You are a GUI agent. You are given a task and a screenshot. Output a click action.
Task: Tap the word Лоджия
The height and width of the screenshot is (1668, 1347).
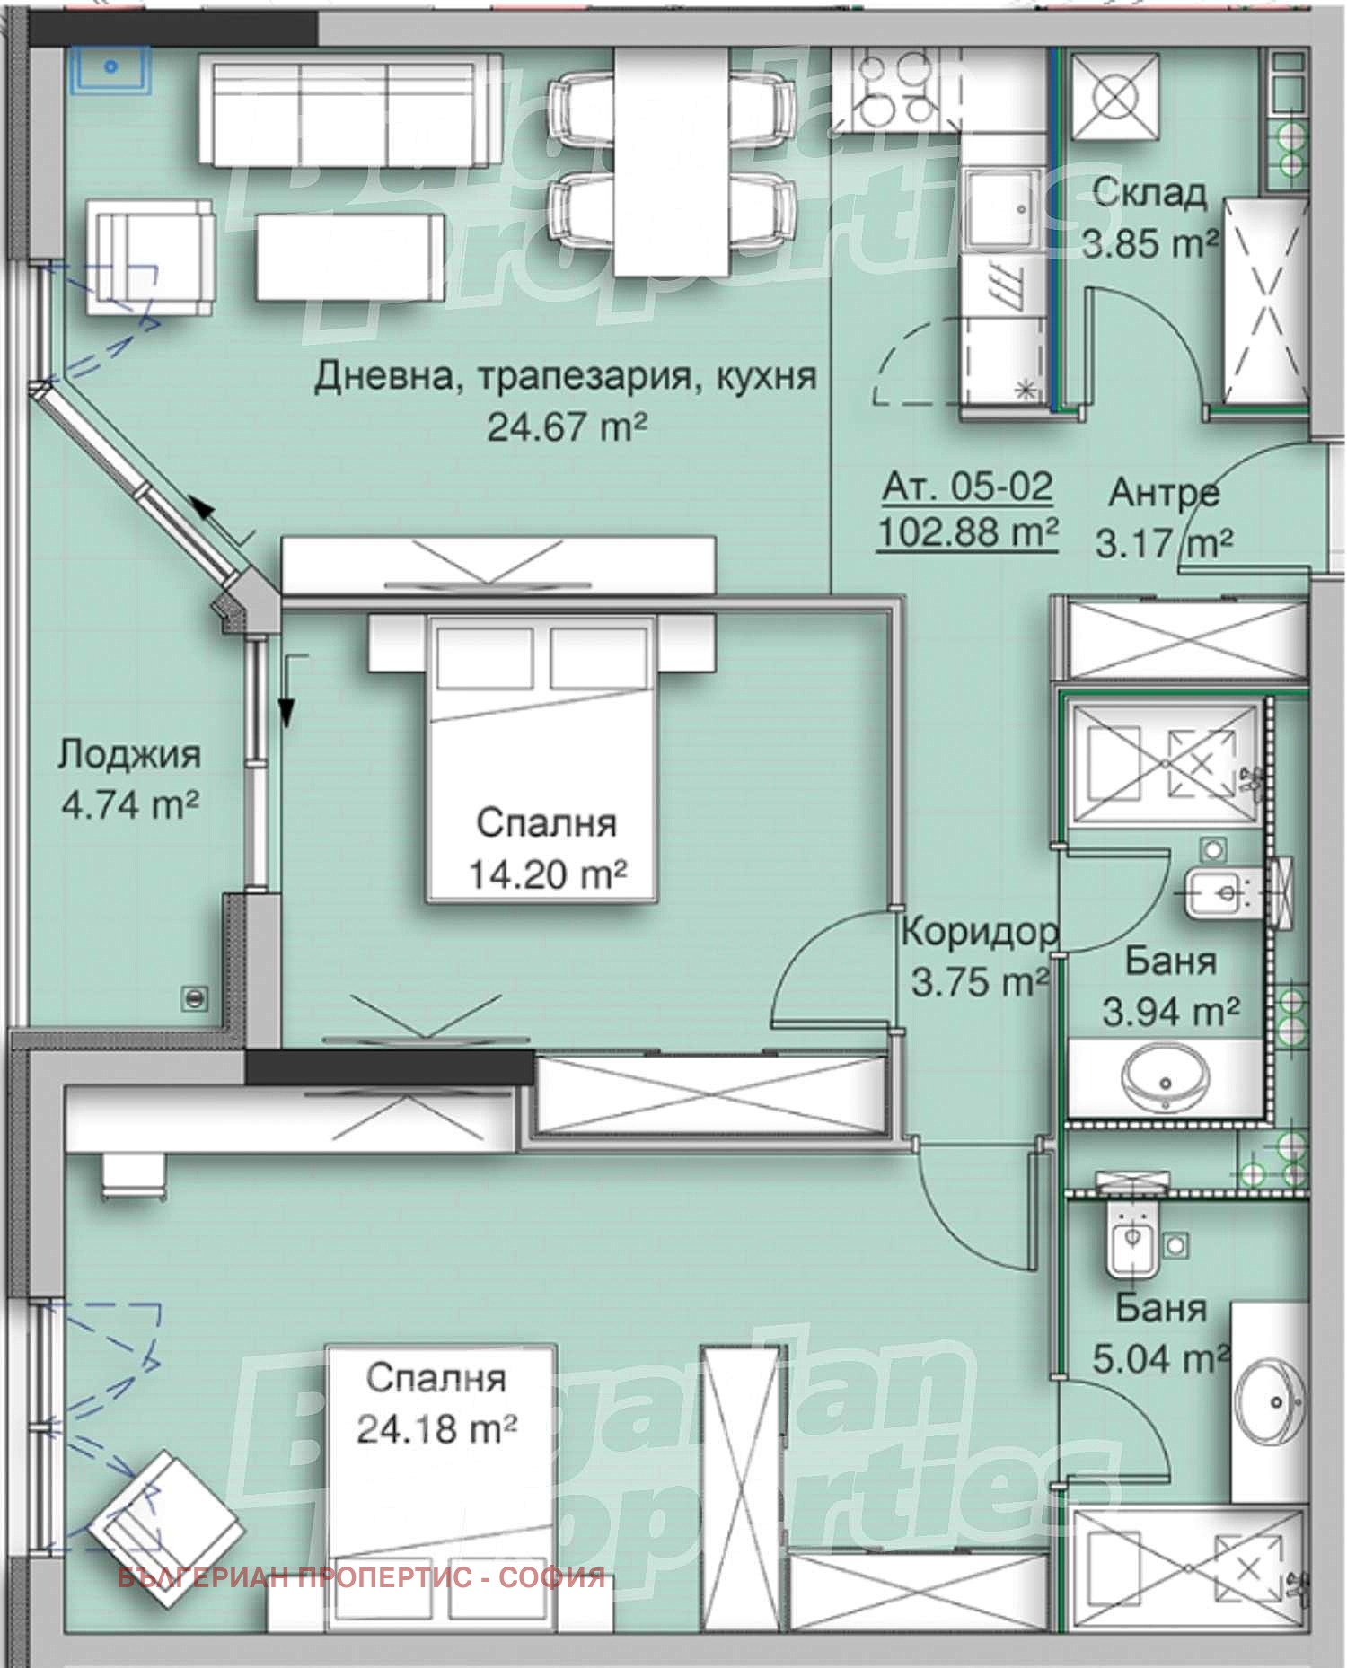129,755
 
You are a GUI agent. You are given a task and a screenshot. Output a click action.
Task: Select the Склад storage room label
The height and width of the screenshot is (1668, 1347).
1149,193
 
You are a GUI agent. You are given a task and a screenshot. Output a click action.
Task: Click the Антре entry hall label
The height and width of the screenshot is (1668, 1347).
1164,493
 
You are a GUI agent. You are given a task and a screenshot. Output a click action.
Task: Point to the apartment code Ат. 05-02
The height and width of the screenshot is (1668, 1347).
967,487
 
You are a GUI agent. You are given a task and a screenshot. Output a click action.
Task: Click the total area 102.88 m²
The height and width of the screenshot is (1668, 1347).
966,532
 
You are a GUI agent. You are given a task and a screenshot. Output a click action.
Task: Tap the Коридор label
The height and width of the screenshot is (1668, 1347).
979,933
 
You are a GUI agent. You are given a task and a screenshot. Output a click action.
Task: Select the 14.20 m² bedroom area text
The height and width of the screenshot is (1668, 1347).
547,873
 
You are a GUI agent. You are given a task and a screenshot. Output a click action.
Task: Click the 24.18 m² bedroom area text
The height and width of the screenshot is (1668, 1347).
436,1428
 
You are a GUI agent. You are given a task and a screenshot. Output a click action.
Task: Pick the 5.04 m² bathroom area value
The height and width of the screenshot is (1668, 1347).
1160,1358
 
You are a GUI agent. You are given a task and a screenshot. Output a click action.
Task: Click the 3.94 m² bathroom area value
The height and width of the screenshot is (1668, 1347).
1171,1013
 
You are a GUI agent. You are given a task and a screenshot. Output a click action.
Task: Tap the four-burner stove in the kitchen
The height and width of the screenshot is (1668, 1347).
889,91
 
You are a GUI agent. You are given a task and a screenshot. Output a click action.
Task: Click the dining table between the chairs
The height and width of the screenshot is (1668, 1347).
671,162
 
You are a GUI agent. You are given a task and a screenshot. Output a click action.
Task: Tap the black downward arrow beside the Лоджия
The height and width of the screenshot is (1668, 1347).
286,709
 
